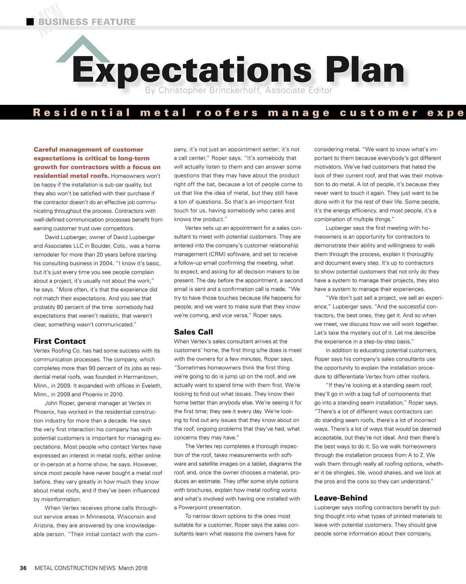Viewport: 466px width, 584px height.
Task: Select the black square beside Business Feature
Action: (x=30, y=22)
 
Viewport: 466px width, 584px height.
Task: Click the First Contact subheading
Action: (x=59, y=341)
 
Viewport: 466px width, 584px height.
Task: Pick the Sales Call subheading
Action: (x=193, y=332)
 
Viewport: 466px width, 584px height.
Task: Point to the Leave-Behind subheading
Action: (x=341, y=498)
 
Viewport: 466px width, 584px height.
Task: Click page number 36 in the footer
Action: (x=23, y=568)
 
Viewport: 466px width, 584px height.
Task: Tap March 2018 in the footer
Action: (x=133, y=568)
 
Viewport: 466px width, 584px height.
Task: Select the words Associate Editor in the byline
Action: (x=299, y=90)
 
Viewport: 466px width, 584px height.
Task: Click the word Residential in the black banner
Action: (x=82, y=113)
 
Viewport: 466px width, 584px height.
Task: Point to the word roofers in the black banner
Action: (x=227, y=113)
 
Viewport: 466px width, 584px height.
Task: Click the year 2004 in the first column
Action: (x=106, y=263)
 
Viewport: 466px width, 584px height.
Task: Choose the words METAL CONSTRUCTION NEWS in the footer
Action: (x=75, y=568)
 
